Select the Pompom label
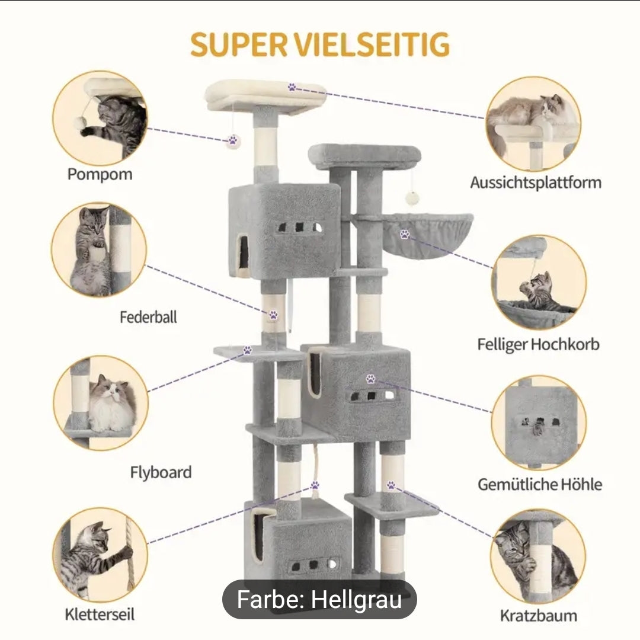(100, 174)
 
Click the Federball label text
(148, 317)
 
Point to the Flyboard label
(161, 472)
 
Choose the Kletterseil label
(100, 614)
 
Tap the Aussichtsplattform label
(536, 182)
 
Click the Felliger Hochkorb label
(538, 344)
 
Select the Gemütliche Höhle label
(540, 484)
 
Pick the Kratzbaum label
(538, 615)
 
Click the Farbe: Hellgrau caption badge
(319, 600)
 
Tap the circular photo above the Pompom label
(100, 118)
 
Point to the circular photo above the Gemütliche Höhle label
(539, 422)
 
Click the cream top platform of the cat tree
(265, 95)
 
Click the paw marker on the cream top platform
(292, 87)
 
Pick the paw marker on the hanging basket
(405, 234)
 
